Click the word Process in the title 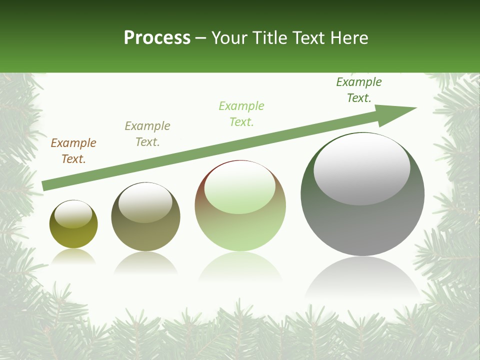[157, 38]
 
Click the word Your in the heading [228, 38]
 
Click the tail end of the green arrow [45, 185]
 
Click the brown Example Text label [73, 151]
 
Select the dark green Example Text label [359, 90]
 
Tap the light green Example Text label [241, 113]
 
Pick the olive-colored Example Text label [147, 134]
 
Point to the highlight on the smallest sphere [73, 214]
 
